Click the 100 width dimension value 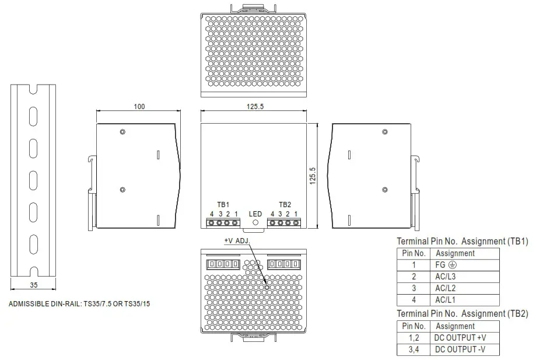tap(139, 106)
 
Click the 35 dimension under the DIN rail tap(33, 285)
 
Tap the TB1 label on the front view tap(223, 205)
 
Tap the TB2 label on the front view tap(285, 205)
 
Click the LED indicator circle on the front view tap(255, 222)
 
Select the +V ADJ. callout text tap(237, 240)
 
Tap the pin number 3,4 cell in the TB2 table tap(414, 349)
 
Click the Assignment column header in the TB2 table tap(455, 326)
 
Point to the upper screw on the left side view tap(122, 132)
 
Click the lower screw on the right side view tap(384, 189)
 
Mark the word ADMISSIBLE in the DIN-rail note tap(28, 304)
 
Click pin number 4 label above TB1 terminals tap(212, 214)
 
